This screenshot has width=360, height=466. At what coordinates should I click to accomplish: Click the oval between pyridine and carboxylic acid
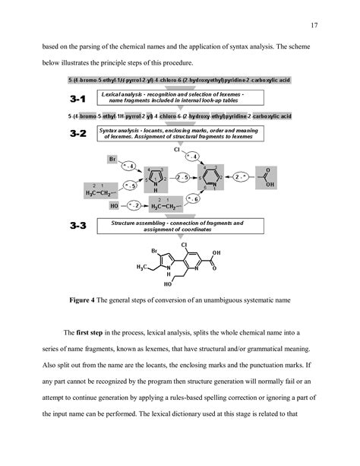(x=242, y=178)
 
